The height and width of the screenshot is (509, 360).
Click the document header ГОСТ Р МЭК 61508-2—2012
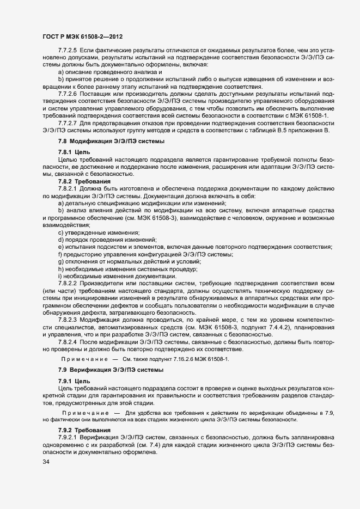point(82,36)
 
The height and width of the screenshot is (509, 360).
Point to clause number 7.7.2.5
point(69,50)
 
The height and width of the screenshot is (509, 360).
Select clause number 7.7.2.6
point(69,93)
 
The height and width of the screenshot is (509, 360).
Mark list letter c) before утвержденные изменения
point(60,232)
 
